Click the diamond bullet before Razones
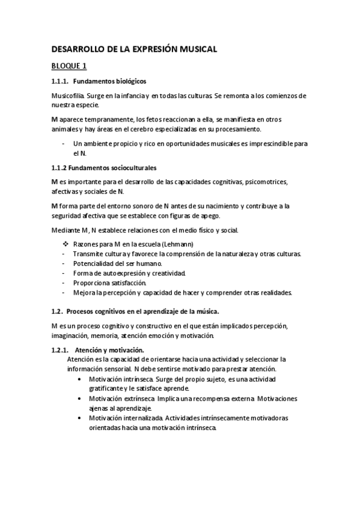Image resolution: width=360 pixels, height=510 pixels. point(66,244)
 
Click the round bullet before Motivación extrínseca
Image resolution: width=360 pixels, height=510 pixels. point(81,399)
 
